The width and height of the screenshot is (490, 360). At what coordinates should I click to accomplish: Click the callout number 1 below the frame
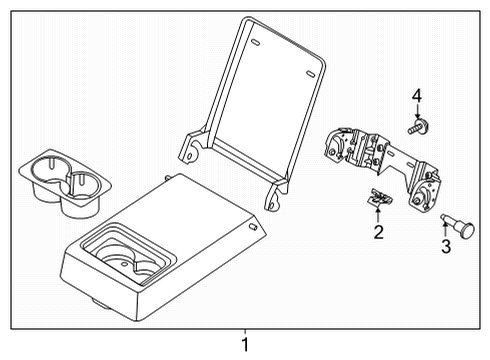tap(245, 346)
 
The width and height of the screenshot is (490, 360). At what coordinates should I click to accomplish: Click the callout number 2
tap(379, 233)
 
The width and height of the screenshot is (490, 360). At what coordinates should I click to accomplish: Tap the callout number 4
tap(417, 97)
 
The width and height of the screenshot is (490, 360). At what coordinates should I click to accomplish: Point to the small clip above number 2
tap(378, 198)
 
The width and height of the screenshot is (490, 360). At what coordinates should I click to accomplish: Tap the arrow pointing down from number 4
tap(417, 113)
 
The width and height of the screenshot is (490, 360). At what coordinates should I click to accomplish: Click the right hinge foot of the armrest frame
tap(271, 203)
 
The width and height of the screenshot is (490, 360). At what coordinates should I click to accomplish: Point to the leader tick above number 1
tap(245, 332)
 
